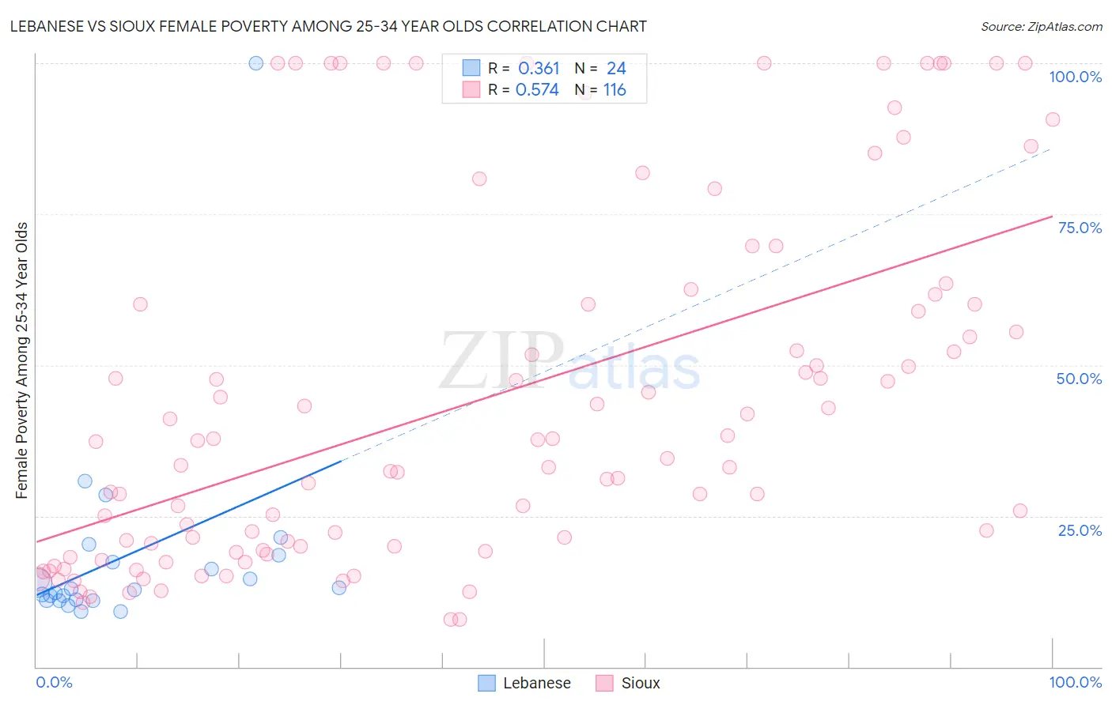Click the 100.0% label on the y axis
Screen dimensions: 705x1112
click(1075, 77)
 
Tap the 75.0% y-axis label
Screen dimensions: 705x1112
click(1080, 228)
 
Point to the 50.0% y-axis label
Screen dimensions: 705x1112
click(1079, 379)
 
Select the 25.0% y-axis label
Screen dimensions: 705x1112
click(1080, 530)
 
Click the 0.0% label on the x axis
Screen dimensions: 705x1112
click(54, 682)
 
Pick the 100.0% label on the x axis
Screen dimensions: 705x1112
click(1075, 682)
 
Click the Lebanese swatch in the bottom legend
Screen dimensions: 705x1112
click(487, 683)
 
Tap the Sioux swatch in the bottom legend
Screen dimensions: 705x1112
click(605, 683)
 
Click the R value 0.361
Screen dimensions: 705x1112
click(539, 69)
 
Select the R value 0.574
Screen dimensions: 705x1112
click(537, 90)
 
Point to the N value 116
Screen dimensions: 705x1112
click(615, 90)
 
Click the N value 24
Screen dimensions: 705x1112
click(616, 69)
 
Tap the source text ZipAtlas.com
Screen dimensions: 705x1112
click(1065, 26)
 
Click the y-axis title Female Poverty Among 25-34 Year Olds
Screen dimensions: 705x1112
click(22, 360)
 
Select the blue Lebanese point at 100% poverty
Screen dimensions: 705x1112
click(256, 63)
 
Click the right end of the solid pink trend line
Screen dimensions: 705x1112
click(1052, 216)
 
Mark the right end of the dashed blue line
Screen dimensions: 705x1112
click(1050, 149)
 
